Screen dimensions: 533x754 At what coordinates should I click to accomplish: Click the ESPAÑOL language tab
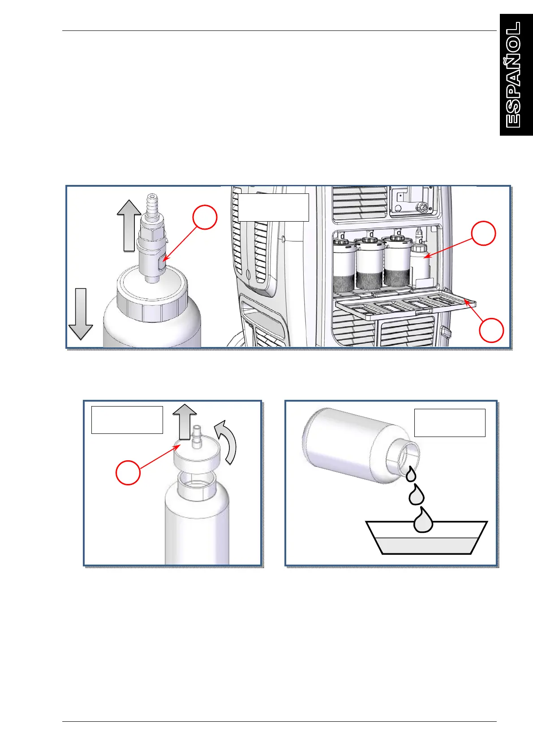(516, 75)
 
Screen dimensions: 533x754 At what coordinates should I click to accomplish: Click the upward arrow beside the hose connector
(129, 226)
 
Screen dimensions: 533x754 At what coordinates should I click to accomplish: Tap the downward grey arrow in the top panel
(81, 314)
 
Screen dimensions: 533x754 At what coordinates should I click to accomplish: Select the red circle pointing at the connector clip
(205, 217)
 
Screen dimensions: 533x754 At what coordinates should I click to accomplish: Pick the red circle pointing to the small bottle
(483, 233)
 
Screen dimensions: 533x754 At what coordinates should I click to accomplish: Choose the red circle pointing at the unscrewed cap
(128, 473)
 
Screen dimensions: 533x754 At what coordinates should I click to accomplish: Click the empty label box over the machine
(273, 207)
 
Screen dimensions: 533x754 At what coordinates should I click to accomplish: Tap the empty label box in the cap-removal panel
(127, 420)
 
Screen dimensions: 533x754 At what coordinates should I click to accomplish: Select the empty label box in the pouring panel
(450, 423)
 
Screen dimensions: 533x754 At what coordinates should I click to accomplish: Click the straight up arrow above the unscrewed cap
(185, 421)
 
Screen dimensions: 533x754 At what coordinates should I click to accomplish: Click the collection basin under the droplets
(426, 538)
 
